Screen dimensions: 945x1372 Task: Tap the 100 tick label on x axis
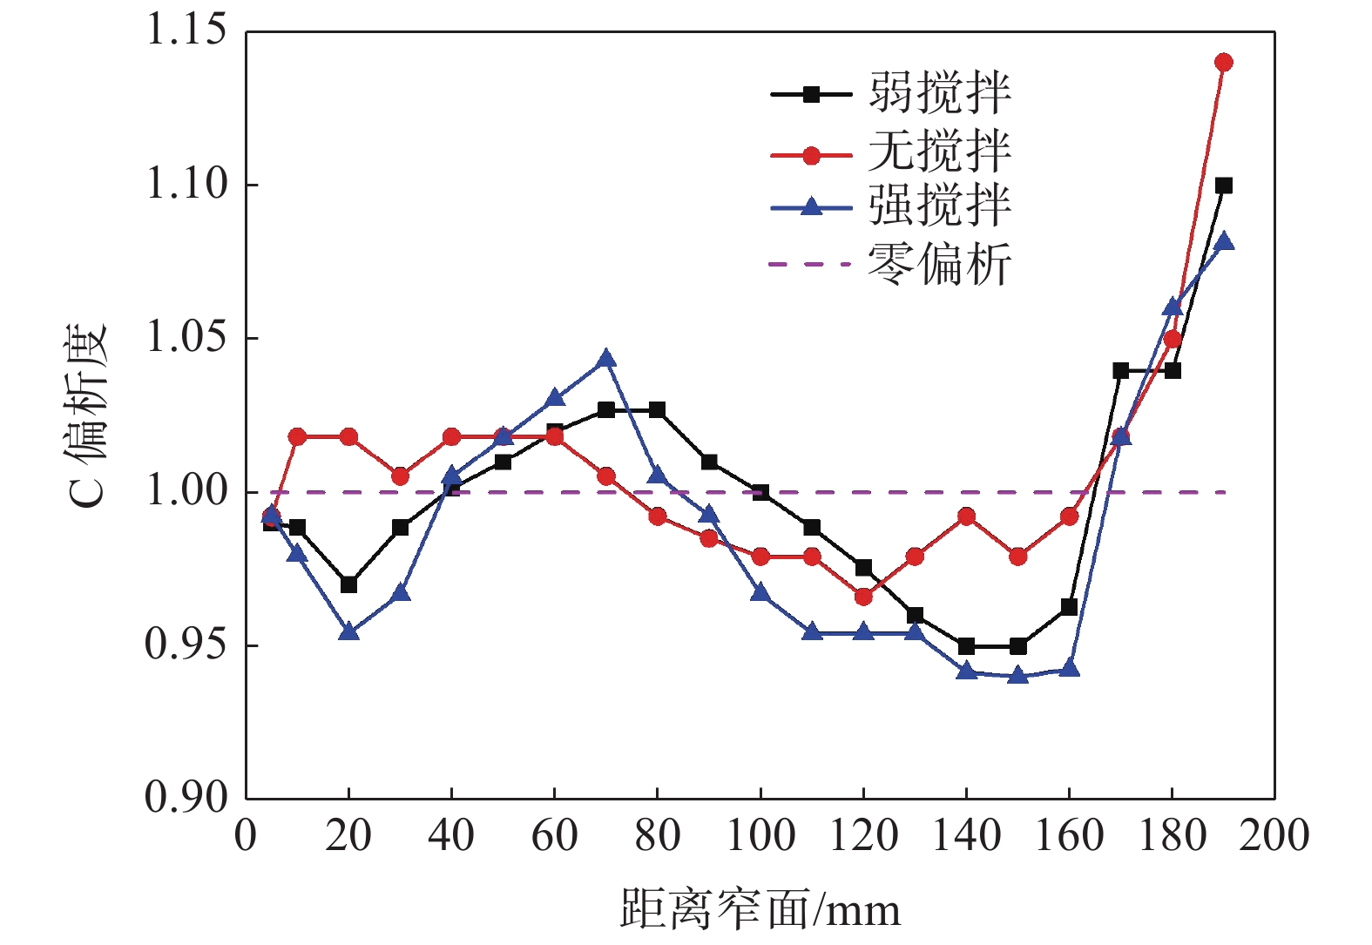pos(760,836)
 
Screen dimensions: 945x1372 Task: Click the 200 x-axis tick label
pos(1274,836)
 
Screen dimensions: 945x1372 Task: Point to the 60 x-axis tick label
pos(555,836)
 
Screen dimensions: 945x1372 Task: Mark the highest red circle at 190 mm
pos(1223,62)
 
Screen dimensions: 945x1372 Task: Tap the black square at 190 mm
pos(1223,186)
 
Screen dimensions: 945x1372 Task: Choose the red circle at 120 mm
pos(863,597)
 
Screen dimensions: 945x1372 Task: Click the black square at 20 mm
pos(348,584)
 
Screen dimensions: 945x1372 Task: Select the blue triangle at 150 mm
pos(1017,675)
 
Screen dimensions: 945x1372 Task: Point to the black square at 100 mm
pos(760,493)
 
